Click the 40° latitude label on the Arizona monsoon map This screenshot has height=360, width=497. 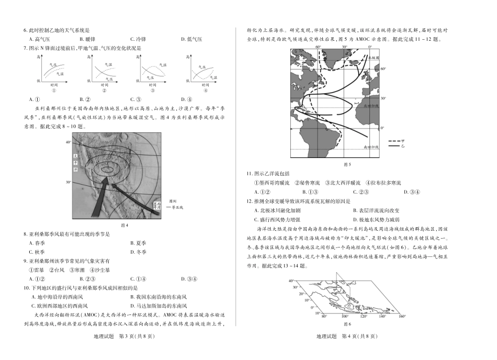pos(68,142)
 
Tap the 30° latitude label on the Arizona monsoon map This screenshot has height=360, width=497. pos(68,182)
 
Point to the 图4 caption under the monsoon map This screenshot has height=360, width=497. pos(124,225)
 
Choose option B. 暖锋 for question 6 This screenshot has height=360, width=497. pos(87,39)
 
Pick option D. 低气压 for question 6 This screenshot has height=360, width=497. pos(191,39)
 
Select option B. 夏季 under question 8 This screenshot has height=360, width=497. pos(138,243)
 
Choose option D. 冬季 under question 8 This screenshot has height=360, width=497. pos(138,252)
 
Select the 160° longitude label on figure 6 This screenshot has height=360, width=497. pos(402,317)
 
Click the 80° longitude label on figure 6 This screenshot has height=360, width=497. pos(324,317)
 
